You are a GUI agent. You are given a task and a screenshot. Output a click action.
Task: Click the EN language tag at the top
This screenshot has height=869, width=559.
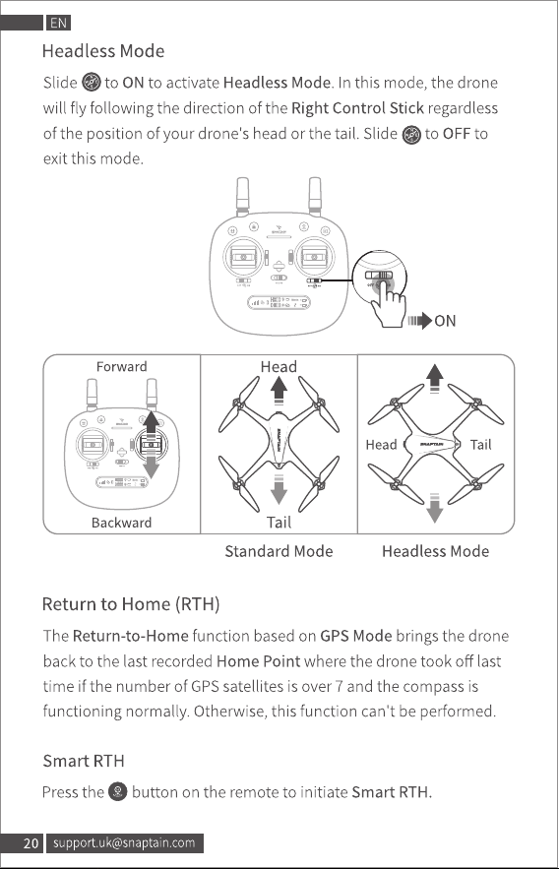[x=58, y=23]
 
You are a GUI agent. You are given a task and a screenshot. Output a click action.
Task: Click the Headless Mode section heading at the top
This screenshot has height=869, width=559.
[x=103, y=51]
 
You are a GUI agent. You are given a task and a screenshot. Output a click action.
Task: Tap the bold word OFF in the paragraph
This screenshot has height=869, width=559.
[x=457, y=134]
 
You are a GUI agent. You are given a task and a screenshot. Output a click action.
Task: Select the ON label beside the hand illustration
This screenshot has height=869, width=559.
[x=445, y=321]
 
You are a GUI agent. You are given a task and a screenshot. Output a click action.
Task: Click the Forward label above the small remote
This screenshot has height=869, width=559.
[x=121, y=366]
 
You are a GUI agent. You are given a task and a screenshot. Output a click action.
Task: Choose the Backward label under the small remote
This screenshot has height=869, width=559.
[x=121, y=523]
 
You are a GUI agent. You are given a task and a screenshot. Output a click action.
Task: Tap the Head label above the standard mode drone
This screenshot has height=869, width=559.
[x=279, y=366]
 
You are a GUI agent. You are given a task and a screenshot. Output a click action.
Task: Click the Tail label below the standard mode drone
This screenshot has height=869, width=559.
[x=279, y=522]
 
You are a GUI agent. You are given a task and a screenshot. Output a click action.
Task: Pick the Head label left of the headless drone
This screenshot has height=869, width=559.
[x=381, y=445]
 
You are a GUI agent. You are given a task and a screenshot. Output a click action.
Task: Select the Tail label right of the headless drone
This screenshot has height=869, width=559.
[x=480, y=445]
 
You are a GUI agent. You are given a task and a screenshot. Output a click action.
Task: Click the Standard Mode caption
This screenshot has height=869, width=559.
[x=279, y=551]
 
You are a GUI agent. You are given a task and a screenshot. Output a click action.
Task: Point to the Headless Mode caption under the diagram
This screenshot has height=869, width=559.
[x=435, y=551]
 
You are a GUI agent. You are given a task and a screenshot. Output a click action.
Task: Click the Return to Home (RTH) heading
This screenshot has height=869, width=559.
[x=131, y=603]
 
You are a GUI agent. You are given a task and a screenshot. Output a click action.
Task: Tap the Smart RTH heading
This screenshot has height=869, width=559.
[x=84, y=761]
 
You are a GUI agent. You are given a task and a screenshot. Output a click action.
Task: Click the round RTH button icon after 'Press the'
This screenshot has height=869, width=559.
[x=117, y=791]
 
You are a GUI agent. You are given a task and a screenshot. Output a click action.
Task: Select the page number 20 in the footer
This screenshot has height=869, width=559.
[x=31, y=843]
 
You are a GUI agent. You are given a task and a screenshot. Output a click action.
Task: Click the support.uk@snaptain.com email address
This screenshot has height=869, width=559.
[x=124, y=843]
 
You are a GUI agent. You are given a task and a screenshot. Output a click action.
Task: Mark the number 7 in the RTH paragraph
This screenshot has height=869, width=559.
[x=339, y=686]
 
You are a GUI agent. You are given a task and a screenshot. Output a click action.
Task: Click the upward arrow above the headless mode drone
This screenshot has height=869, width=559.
[x=435, y=379]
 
